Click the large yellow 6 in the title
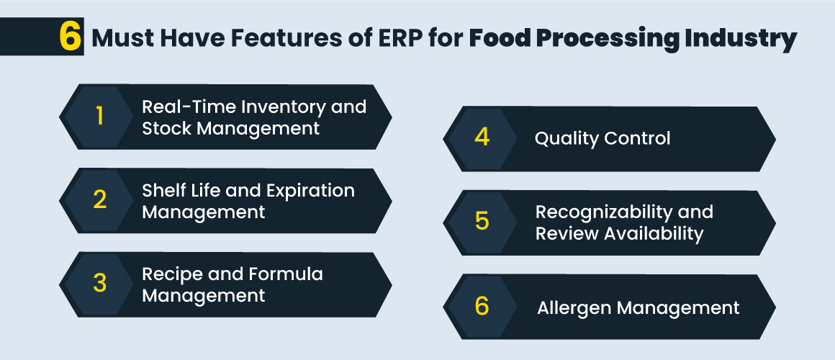pyautogui.click(x=70, y=37)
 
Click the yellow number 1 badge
pyautogui.click(x=99, y=117)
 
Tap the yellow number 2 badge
pyautogui.click(x=99, y=200)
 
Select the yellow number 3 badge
pyautogui.click(x=99, y=283)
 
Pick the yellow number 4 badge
pyautogui.click(x=482, y=138)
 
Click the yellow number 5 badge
pyautogui.click(x=482, y=222)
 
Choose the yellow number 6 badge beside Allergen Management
pyautogui.click(x=482, y=306)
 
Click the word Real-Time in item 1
pyautogui.click(x=184, y=107)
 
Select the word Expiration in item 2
pyautogui.click(x=312, y=191)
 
